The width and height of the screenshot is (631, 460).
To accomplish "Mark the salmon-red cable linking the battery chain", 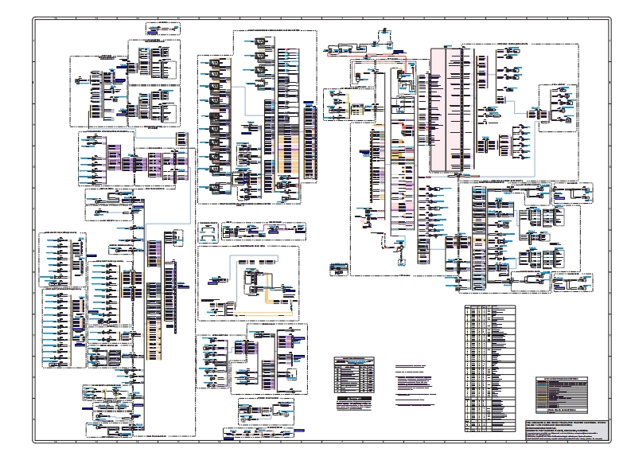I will (350, 51).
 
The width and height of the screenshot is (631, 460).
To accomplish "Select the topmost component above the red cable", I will (384, 31).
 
